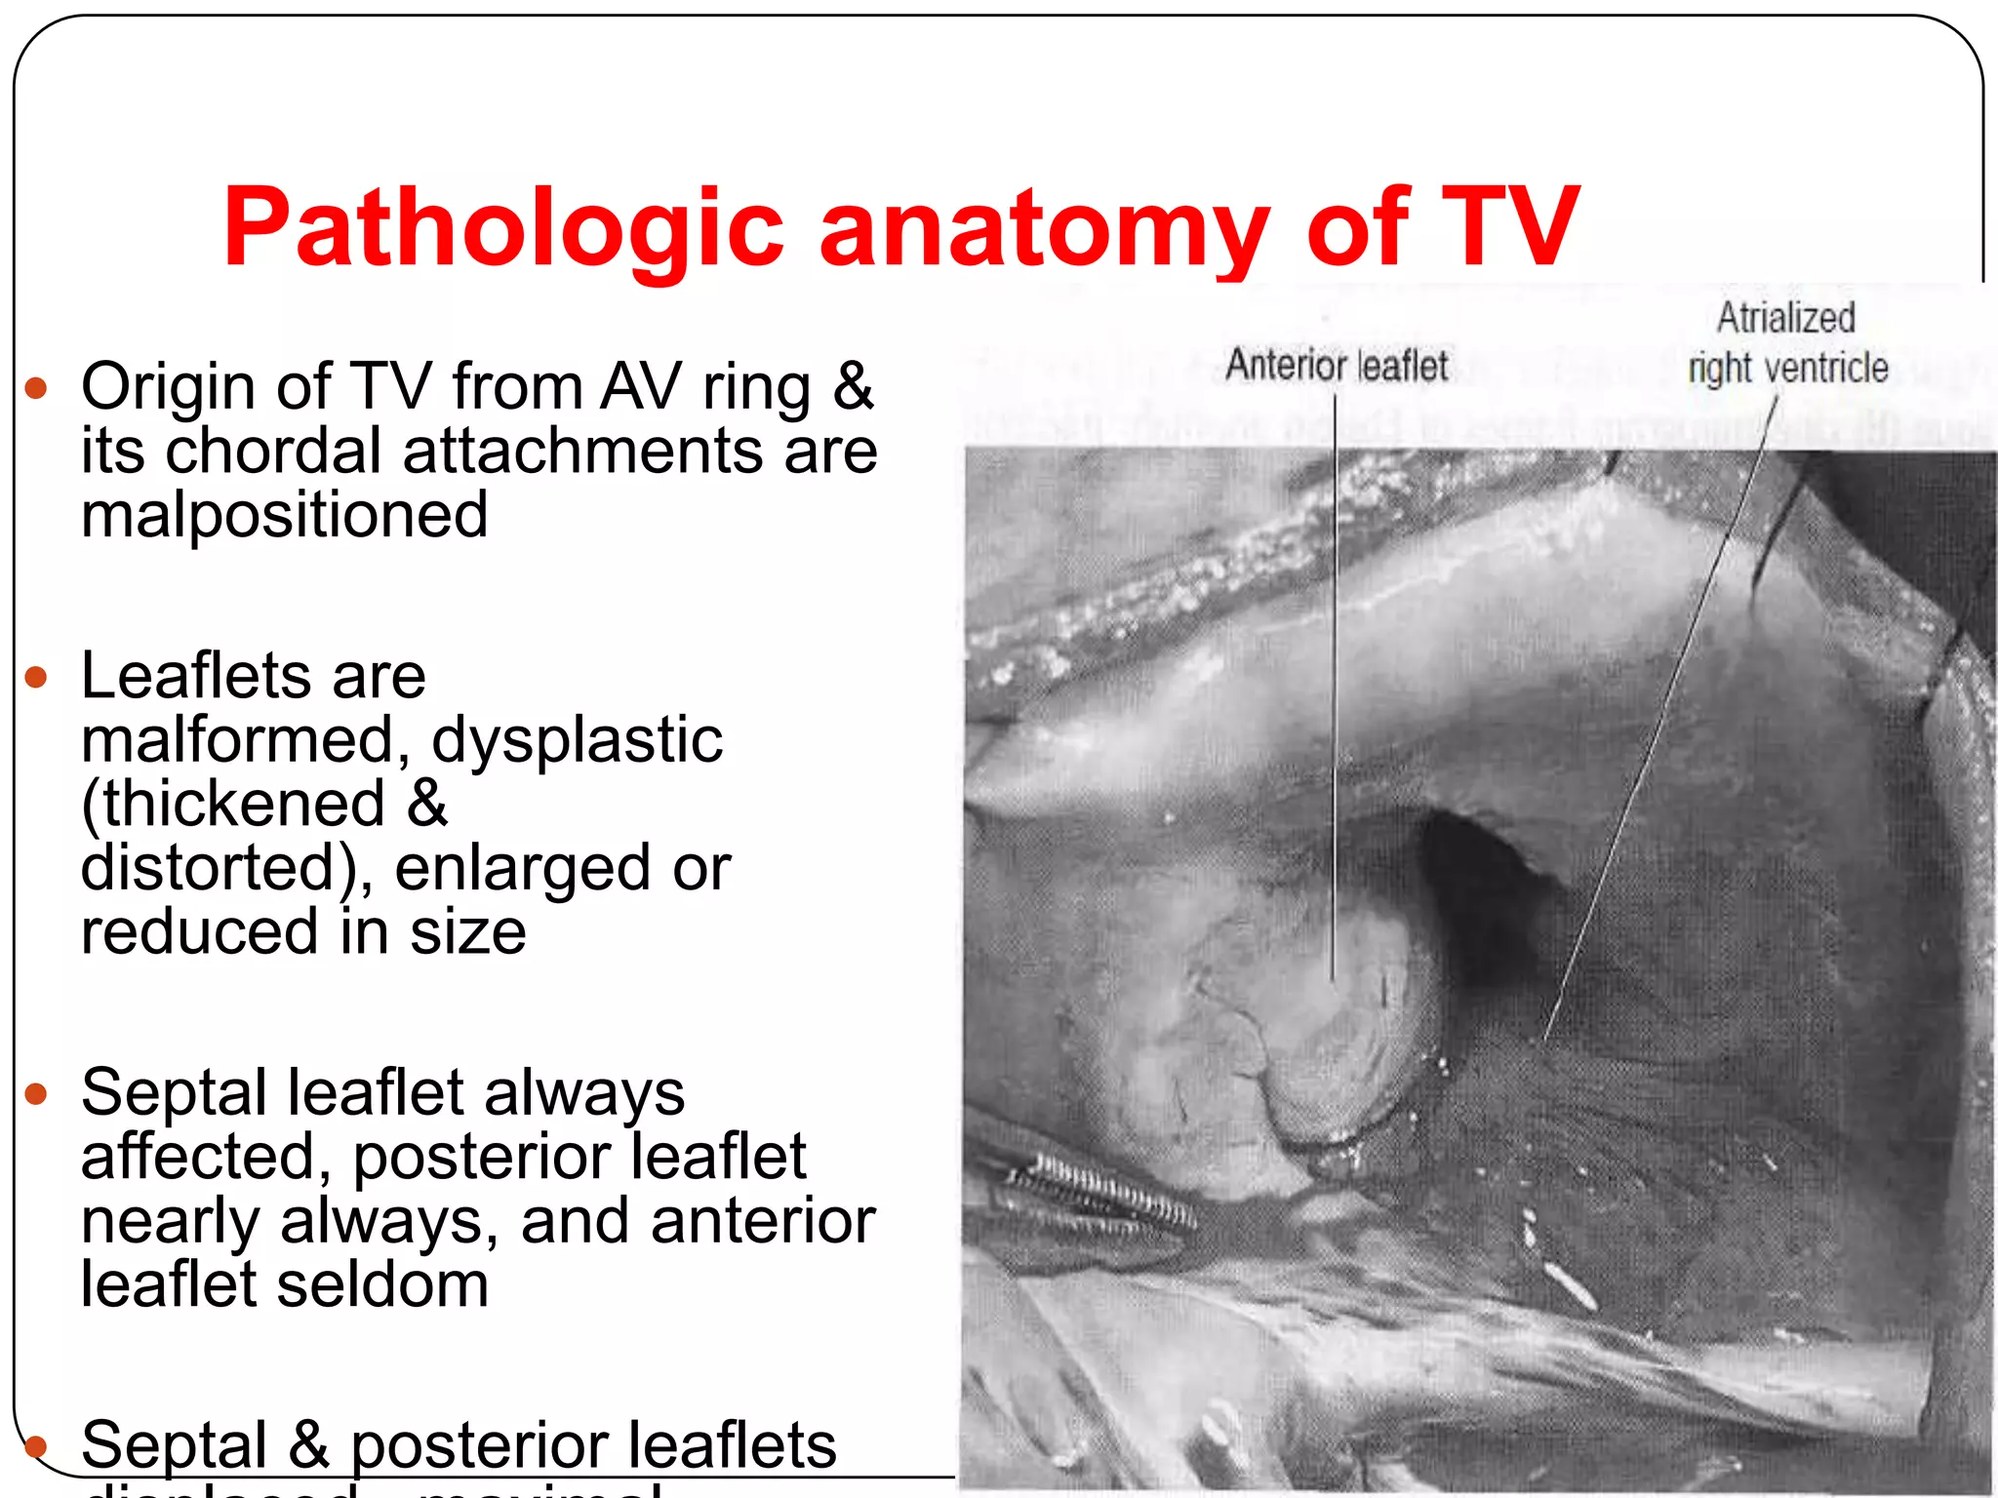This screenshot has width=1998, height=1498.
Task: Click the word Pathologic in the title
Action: point(502,229)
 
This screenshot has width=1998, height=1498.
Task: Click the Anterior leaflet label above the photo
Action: point(1337,366)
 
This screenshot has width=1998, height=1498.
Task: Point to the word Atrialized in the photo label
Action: point(1785,318)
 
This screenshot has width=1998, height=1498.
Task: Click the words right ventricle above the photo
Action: point(1788,369)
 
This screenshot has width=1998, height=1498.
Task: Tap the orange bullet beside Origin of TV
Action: point(36,388)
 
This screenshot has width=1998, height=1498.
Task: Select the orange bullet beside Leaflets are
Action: point(36,677)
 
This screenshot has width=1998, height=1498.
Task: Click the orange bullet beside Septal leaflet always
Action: point(36,1093)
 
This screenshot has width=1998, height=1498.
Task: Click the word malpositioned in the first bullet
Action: point(284,515)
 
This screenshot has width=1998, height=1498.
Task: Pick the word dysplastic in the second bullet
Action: point(577,739)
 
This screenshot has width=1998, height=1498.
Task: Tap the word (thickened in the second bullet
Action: point(233,804)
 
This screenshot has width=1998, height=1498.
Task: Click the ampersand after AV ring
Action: point(853,386)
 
